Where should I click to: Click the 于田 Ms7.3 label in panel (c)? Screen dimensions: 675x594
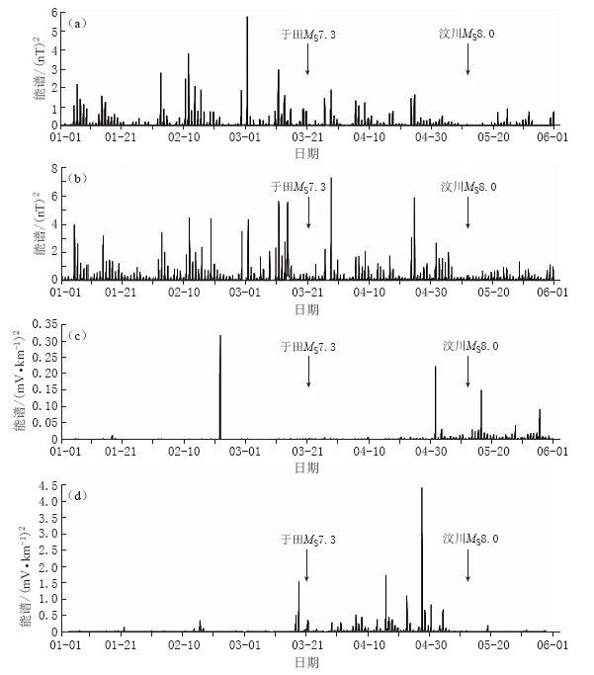308,347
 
